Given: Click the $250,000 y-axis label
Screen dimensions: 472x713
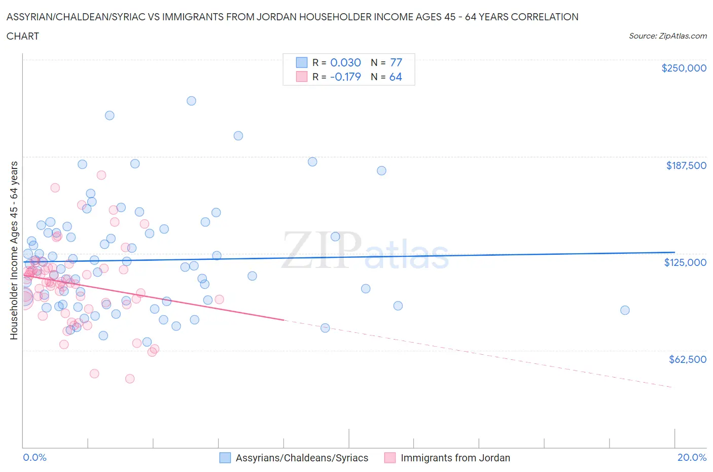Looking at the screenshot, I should (684, 68).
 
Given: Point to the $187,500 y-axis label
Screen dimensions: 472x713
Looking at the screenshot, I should (686, 165).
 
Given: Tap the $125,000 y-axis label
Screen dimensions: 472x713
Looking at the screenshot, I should (685, 262).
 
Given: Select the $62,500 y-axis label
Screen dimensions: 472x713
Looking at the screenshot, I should (687, 359).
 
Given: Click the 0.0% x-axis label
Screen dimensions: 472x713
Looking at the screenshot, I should (34, 457).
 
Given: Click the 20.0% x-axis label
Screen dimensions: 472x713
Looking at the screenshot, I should (692, 457).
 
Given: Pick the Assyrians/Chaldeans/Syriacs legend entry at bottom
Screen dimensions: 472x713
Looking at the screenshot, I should (294, 458).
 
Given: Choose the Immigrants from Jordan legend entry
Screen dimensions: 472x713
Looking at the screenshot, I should (447, 458).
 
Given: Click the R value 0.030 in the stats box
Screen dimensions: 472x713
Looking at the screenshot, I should (345, 62).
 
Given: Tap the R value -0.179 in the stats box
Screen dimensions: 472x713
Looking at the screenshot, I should (345, 77).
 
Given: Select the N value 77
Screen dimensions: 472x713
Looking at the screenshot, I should (396, 62).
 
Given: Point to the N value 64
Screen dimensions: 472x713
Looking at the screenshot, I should (396, 77).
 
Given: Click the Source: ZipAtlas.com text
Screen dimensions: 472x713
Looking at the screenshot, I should (667, 36).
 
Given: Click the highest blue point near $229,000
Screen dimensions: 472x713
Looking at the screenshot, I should (191, 100).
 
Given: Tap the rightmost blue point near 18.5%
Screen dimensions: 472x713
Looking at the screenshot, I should (625, 310).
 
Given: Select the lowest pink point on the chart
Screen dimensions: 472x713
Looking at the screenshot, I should (130, 379).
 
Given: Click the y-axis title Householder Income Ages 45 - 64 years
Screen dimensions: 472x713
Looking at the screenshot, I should (14, 250).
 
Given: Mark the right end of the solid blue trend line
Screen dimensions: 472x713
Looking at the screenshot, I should (674, 252).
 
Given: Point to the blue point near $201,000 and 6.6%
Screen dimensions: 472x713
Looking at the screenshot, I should (238, 136).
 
